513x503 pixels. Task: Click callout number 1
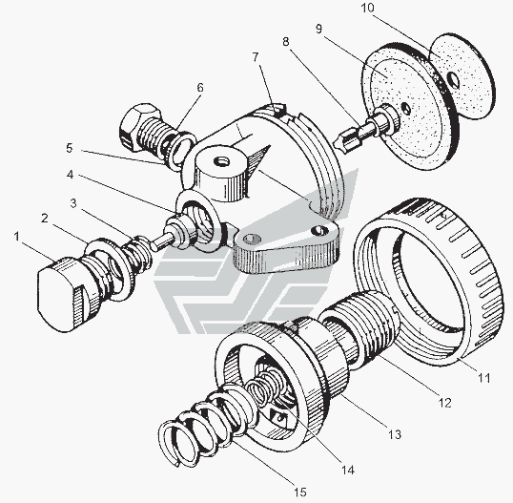pyautogui.click(x=16, y=236)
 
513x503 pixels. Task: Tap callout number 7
pyautogui.click(x=256, y=56)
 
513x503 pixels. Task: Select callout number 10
pyautogui.click(x=367, y=8)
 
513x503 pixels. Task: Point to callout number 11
pyautogui.click(x=483, y=378)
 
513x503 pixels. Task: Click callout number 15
pyautogui.click(x=299, y=492)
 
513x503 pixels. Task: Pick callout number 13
pyautogui.click(x=395, y=434)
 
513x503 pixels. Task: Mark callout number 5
pyautogui.click(x=69, y=148)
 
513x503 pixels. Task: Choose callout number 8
pyautogui.click(x=286, y=42)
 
